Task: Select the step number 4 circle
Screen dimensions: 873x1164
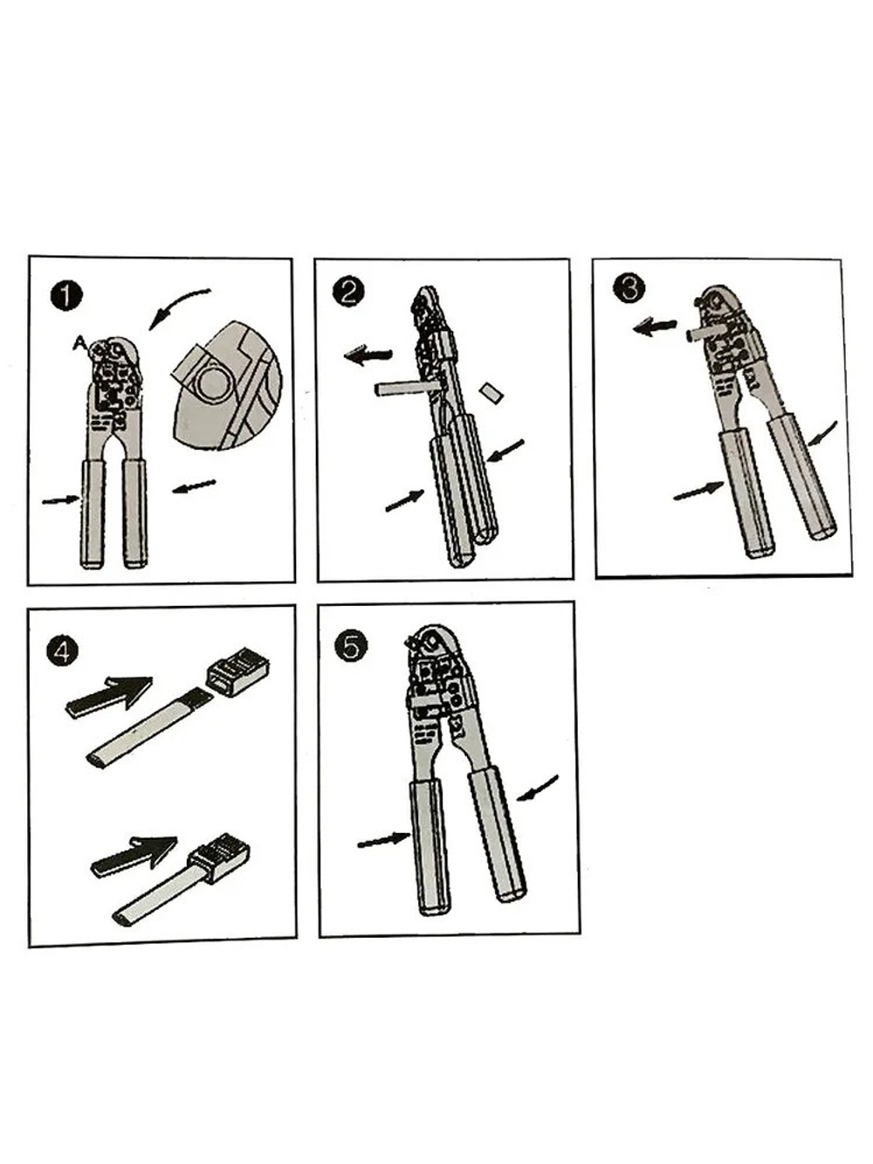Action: (62, 651)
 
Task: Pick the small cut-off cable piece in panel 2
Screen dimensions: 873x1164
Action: (491, 393)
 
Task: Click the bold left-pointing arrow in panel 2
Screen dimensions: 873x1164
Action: (368, 355)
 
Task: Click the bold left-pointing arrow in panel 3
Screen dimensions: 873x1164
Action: (655, 326)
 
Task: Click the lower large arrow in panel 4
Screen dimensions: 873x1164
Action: (134, 854)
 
